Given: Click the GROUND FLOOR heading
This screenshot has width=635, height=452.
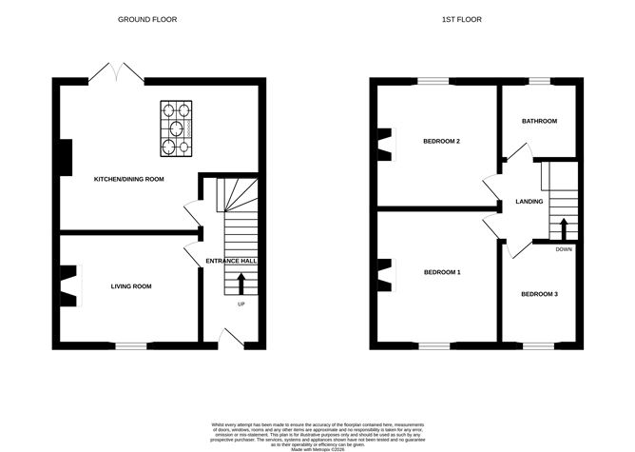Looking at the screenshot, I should (147, 19).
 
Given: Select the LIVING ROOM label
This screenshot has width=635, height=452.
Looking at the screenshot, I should (130, 285).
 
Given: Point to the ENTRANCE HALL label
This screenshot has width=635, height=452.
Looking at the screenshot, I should (232, 260).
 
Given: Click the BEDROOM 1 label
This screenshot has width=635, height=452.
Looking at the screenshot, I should (441, 273).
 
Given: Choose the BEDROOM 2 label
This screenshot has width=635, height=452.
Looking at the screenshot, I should (441, 142).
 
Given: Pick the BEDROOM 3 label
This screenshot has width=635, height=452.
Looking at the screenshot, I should (539, 294).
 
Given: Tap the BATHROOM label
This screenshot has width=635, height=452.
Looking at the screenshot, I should (538, 122).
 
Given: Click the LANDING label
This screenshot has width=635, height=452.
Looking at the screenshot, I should (529, 202).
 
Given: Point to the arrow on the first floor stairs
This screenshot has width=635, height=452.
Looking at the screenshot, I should (563, 229).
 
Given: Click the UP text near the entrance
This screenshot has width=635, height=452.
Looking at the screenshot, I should (241, 305).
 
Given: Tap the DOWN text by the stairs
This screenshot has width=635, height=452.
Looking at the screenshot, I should (564, 249).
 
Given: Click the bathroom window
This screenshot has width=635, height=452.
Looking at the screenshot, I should (539, 84).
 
